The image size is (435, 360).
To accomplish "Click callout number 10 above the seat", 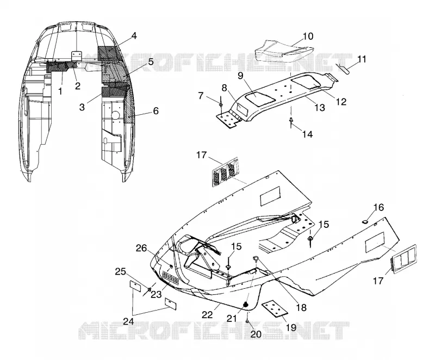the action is point(308,36).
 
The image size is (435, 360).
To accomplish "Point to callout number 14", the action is point(307,134).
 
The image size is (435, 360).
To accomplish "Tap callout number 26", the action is point(141,248).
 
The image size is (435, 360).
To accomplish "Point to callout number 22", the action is point(207,315).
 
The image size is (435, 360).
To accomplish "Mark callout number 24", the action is point(128,321).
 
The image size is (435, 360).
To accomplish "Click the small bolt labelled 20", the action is point(247,321).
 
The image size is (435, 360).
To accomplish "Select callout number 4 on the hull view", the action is point(134,36).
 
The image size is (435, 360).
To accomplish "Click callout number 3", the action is point(82,107).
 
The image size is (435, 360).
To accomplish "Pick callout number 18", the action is point(301,308).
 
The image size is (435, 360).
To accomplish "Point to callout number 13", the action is point(319,107).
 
